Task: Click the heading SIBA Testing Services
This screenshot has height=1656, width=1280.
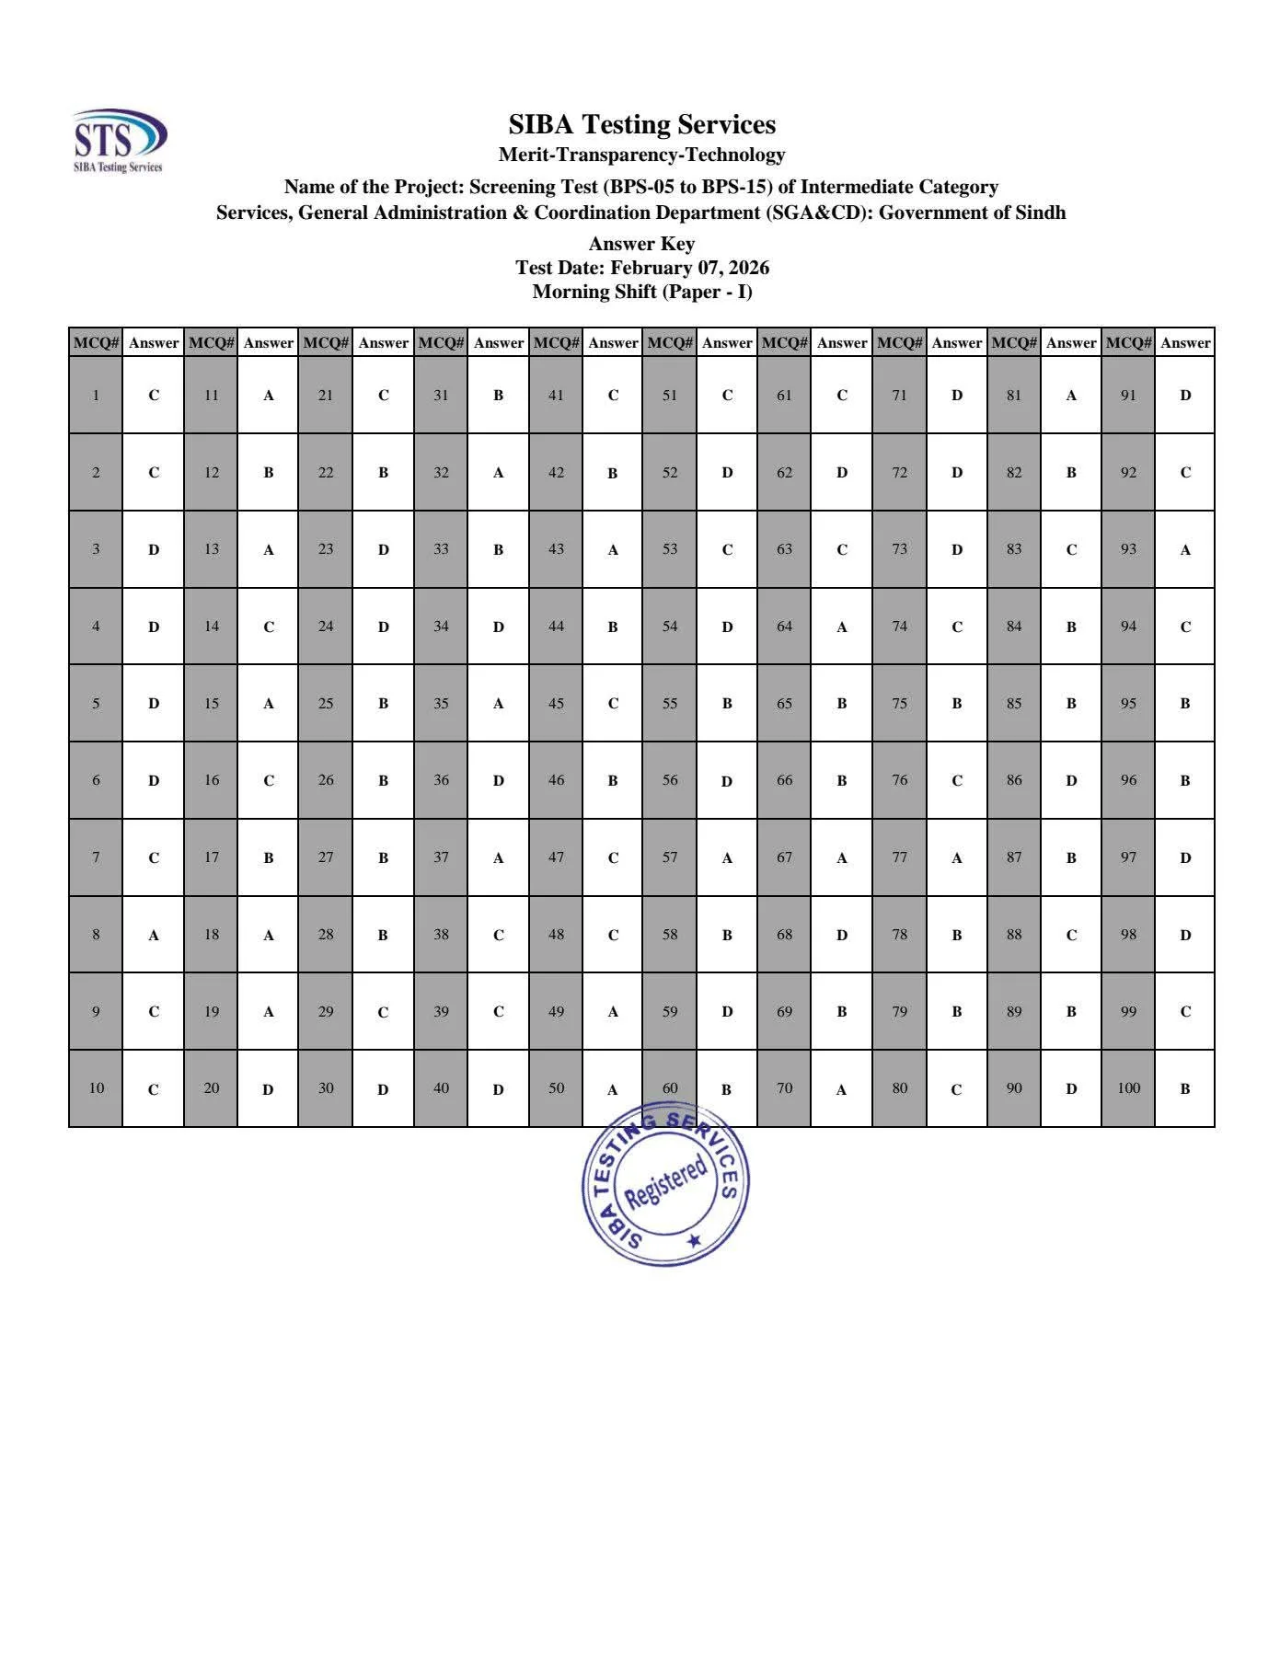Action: coord(641,124)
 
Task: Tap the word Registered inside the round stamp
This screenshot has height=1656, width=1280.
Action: coord(665,1184)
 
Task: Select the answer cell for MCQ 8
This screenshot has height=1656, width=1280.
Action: coord(154,935)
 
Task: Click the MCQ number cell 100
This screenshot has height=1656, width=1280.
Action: coord(1128,1088)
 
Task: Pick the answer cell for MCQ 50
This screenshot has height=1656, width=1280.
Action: coord(613,1089)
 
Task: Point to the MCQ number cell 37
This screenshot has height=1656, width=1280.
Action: coord(441,857)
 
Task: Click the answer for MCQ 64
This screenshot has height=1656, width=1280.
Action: coord(841,627)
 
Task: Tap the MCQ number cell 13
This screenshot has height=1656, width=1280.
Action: coord(211,549)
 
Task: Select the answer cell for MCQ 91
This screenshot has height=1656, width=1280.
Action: coord(1185,395)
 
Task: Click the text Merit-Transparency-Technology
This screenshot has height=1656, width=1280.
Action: coord(641,155)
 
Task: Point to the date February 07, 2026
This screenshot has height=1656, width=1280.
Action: coord(689,268)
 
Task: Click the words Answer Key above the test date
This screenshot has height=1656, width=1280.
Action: coord(641,244)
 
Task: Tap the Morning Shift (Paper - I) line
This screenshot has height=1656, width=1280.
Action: coord(641,292)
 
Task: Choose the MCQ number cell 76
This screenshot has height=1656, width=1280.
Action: coord(899,780)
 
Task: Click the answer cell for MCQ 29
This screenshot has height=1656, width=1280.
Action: coord(383,1012)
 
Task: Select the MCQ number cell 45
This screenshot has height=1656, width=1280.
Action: coord(556,704)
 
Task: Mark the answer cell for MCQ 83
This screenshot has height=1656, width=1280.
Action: coord(1071,549)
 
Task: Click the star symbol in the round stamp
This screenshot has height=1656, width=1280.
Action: coord(695,1241)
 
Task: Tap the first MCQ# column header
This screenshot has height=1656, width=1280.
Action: coord(96,342)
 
